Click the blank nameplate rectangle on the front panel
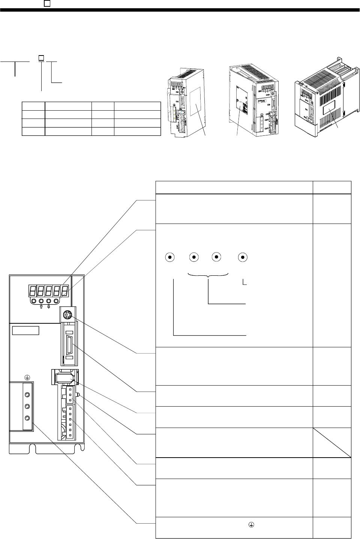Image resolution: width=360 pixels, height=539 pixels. [x=25, y=331]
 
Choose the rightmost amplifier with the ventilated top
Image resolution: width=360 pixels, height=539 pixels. [x=324, y=107]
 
